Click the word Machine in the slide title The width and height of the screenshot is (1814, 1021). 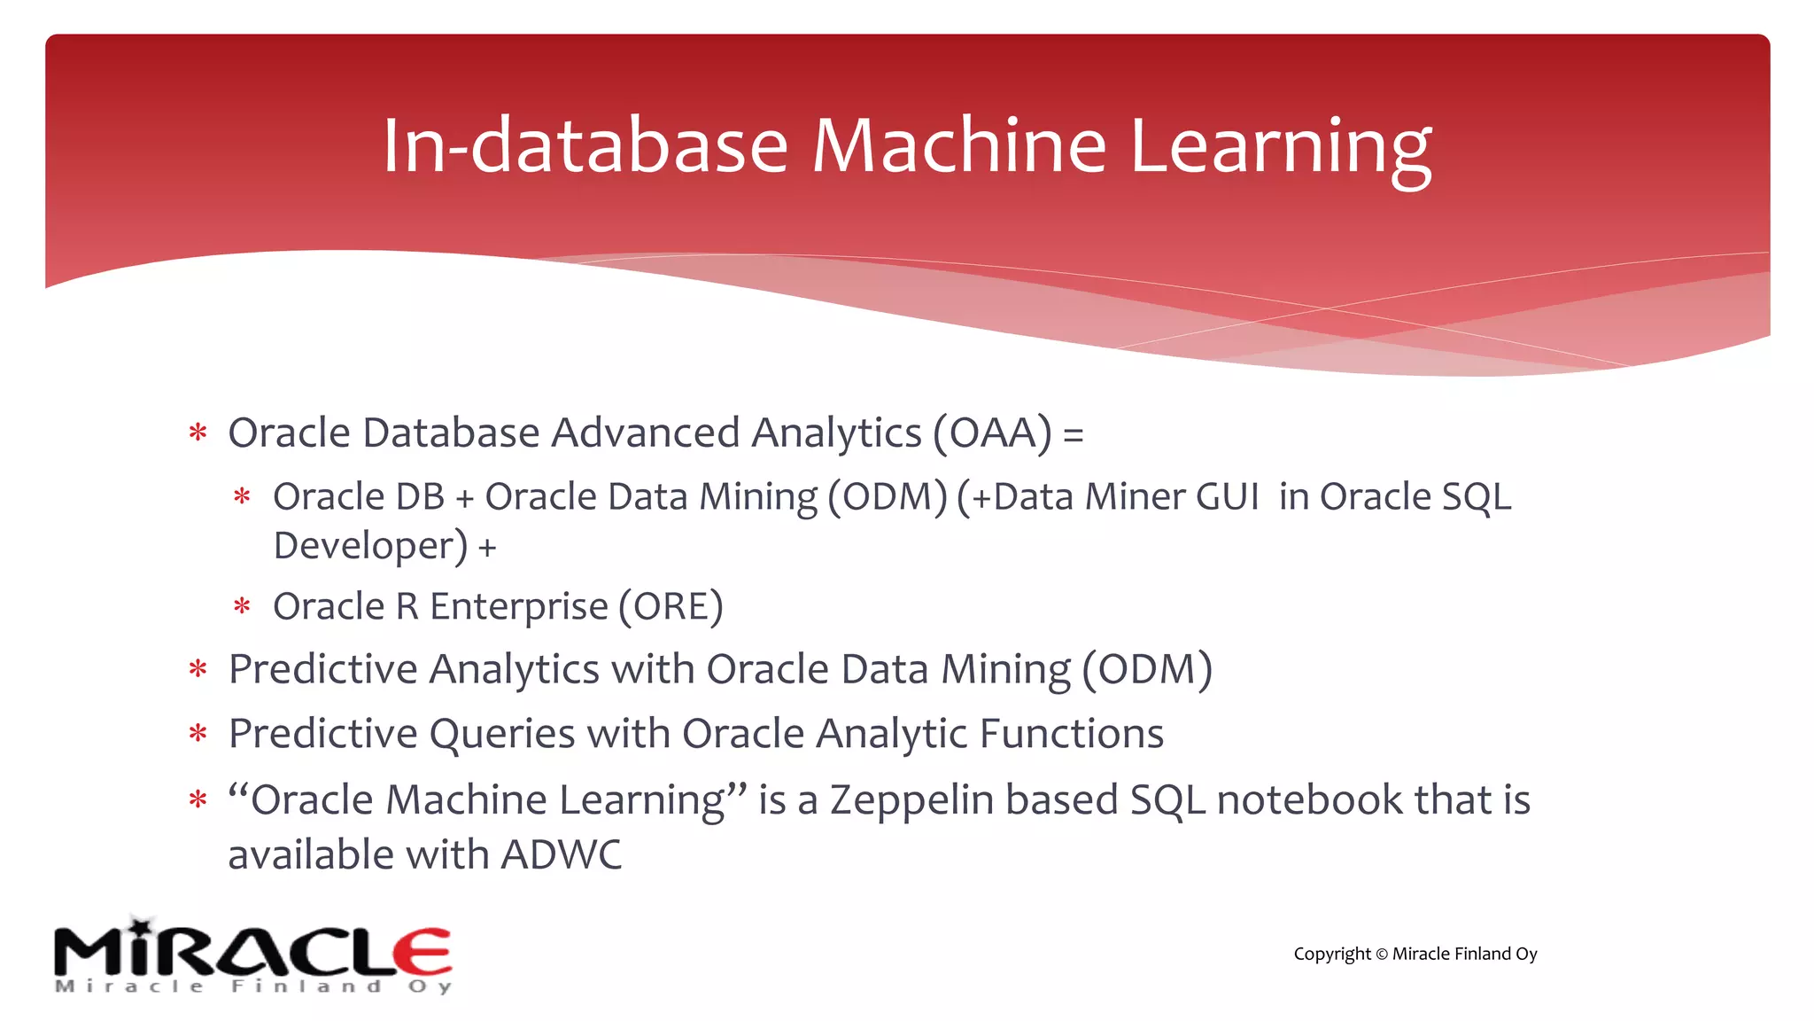point(958,145)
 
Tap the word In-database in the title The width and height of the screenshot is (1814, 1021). point(585,145)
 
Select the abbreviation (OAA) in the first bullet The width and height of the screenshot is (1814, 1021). point(992,433)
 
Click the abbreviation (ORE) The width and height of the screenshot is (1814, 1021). point(671,607)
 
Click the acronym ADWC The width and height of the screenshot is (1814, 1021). point(561,855)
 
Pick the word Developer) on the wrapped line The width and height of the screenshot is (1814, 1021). point(370,546)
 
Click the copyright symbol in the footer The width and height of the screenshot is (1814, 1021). point(1381,955)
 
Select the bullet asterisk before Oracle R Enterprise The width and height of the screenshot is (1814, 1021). point(242,607)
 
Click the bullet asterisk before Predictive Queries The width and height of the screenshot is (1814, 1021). point(198,735)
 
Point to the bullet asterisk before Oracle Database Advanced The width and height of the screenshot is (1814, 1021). point(198,433)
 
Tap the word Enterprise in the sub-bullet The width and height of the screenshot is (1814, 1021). point(519,607)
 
